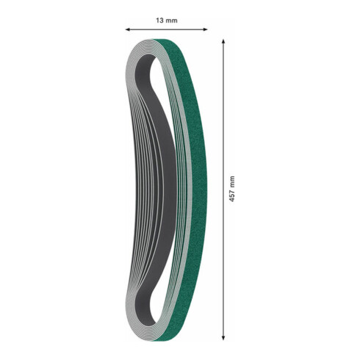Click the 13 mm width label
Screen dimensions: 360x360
coord(167,21)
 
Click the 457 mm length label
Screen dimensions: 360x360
coord(232,189)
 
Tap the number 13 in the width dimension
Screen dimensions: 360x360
coord(159,21)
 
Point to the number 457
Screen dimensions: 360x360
coord(232,195)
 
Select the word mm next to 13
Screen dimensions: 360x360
coord(171,21)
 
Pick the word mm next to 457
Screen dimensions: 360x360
coord(232,181)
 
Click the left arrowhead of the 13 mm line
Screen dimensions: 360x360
coord(128,29)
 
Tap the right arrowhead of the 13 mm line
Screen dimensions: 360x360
coord(205,29)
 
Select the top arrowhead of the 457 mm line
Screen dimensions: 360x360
coord(223,42)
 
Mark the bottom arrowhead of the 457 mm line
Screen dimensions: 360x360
coord(223,338)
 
